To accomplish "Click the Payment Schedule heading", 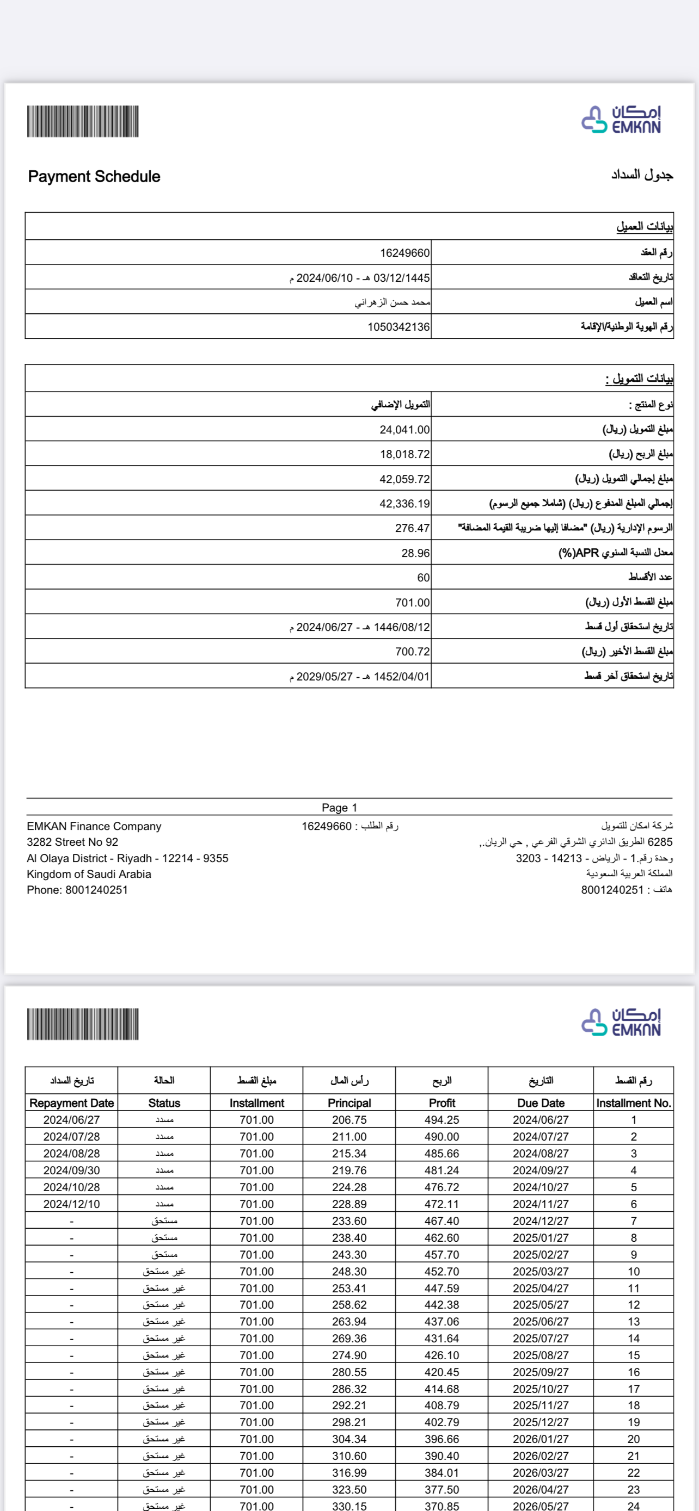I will pos(94,177).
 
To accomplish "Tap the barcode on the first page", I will pos(83,121).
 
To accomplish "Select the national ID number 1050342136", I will pos(398,327).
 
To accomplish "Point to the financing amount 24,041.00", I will pos(404,430).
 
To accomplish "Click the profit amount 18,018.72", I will pos(404,455).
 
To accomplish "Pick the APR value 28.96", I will pos(415,553).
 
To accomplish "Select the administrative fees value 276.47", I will pos(412,529).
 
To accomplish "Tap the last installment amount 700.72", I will pos(412,652).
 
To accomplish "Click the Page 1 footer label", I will pos(339,808).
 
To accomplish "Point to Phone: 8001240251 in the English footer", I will pos(77,890).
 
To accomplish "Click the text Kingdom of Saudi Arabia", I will pos(89,874).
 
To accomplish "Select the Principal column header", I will pos(349,1103).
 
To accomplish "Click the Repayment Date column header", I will pos(72,1103).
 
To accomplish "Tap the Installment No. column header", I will pos(633,1103).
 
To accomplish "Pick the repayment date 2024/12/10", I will pos(72,1204).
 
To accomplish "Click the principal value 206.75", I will pos(349,1120).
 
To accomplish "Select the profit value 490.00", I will pos(442,1137).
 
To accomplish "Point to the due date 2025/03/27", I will pos(541,1272).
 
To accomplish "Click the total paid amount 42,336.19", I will pos(404,504).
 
